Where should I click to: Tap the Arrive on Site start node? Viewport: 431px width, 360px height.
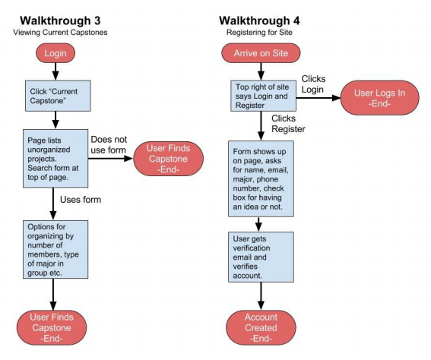pos(261,55)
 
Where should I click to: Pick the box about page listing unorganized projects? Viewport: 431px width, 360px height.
pos(55,156)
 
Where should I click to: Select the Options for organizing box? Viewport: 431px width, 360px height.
pos(55,249)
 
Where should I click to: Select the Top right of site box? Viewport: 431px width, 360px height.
pos(260,96)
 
